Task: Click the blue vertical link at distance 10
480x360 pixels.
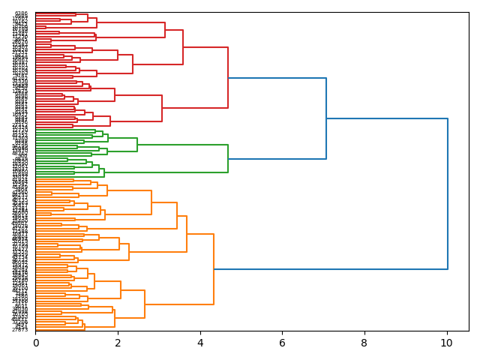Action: coord(448,193)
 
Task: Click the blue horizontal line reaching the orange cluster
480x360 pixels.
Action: coord(330,268)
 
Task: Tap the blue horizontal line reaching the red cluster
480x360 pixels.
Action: coord(277,78)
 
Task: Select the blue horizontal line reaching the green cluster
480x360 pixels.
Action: coord(277,159)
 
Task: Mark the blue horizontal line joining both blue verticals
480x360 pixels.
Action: coord(387,118)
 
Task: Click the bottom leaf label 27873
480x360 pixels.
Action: coord(20,329)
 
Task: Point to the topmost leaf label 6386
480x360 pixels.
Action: coord(21,13)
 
